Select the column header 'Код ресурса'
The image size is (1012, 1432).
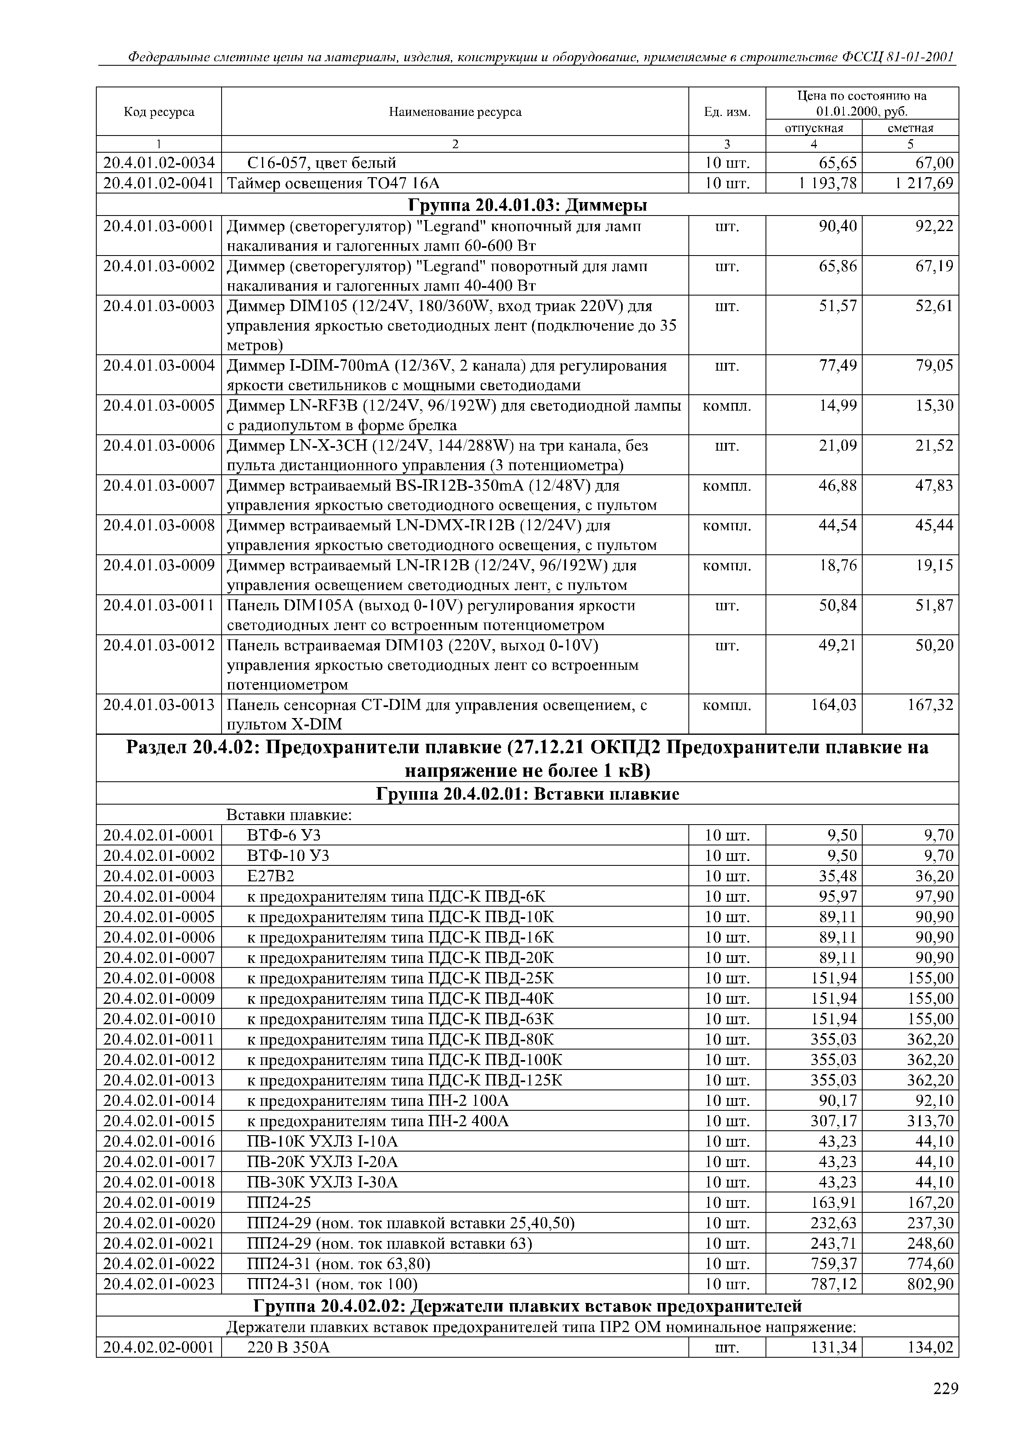[x=159, y=111]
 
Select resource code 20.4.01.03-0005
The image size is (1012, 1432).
[x=159, y=406]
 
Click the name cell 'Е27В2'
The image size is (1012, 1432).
[x=271, y=876]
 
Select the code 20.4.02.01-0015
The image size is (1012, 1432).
[x=159, y=1121]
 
